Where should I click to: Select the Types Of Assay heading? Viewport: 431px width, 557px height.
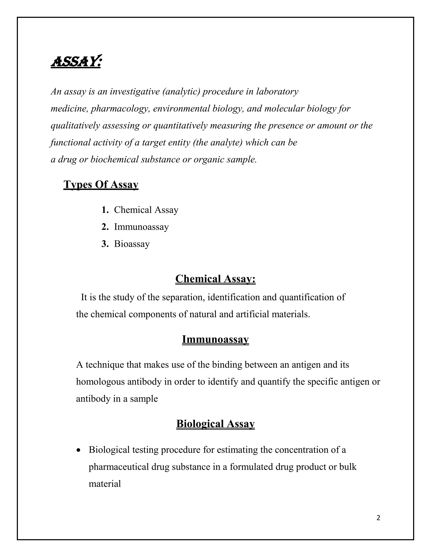(x=101, y=184)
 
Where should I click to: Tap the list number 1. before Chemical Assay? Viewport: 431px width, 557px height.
(x=105, y=210)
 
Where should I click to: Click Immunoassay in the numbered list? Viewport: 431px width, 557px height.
(x=141, y=227)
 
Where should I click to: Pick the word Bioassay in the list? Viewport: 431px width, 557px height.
(x=132, y=244)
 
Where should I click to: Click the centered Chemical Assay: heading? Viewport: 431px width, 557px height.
(x=215, y=279)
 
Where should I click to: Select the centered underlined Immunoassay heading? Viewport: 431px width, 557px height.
(x=215, y=339)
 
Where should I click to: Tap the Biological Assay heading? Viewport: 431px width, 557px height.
(x=215, y=424)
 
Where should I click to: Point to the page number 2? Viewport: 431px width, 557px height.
(x=378, y=518)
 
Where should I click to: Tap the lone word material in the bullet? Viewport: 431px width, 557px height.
(x=105, y=484)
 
